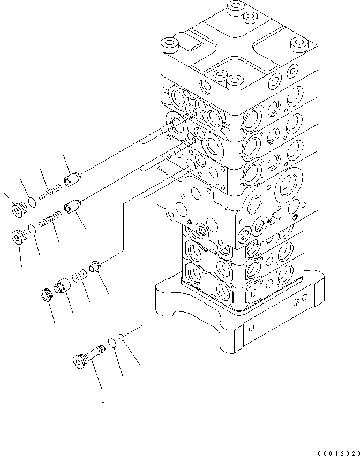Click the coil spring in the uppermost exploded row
pyautogui.click(x=50, y=190)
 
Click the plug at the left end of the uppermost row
pyautogui.click(x=19, y=209)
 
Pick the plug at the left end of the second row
pyautogui.click(x=20, y=236)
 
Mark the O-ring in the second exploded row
pyautogui.click(x=33, y=229)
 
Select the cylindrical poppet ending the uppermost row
pyautogui.click(x=72, y=179)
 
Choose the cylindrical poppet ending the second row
pyautogui.click(x=72, y=206)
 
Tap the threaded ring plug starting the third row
pyautogui.click(x=47, y=294)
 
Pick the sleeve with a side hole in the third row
pyautogui.click(x=62, y=285)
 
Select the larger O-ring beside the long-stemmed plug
pyautogui.click(x=112, y=342)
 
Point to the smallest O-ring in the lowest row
pyautogui.click(x=123, y=337)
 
